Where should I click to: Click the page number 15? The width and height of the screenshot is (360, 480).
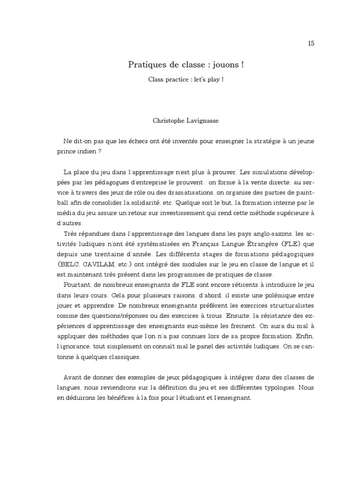311,44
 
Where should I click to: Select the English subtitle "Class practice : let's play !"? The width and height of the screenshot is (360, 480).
186,79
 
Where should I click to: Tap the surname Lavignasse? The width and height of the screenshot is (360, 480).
201,120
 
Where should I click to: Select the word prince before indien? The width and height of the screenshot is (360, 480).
67,152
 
